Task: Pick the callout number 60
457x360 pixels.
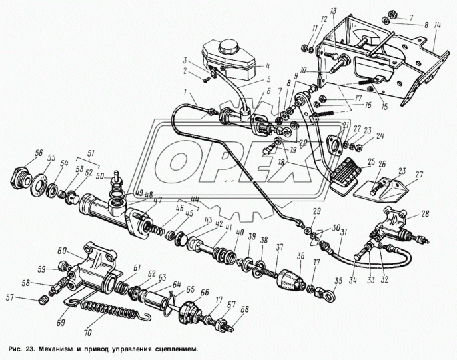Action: coord(61,251)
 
